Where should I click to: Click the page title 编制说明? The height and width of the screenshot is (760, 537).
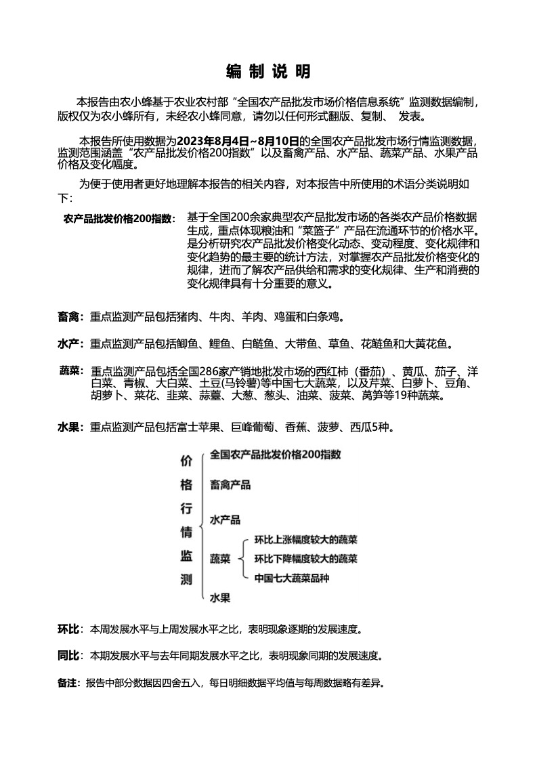[x=268, y=71]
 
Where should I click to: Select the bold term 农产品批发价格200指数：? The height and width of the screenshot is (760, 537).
[x=119, y=218]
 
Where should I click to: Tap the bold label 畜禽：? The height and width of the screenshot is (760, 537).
[x=70, y=316]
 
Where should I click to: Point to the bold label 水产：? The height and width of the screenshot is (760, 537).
[x=70, y=344]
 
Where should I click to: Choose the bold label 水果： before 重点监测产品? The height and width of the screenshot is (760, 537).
[x=70, y=427]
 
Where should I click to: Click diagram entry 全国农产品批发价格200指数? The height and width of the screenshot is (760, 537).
[x=275, y=454]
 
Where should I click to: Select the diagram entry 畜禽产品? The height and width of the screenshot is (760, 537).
[x=230, y=484]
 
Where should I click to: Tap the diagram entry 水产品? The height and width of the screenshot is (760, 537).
[x=225, y=520]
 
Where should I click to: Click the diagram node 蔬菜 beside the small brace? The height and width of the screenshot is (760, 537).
[x=220, y=559]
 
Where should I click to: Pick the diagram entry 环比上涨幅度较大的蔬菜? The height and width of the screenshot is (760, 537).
[x=305, y=540]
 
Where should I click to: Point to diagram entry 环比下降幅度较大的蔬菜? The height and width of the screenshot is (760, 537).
[x=305, y=559]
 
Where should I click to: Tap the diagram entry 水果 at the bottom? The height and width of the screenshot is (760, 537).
[x=220, y=597]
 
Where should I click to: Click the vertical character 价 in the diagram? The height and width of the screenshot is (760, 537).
[x=186, y=461]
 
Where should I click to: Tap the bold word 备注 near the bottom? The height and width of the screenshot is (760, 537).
[x=68, y=682]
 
